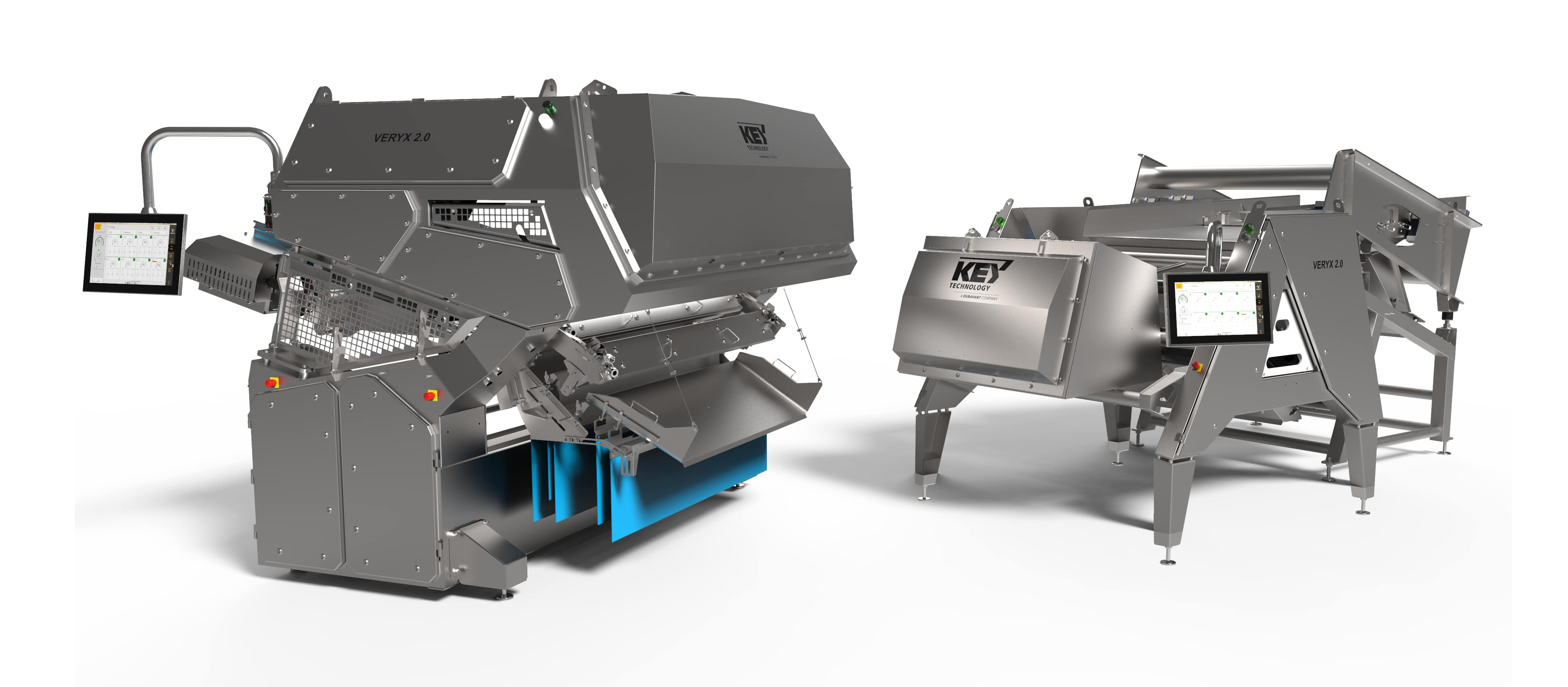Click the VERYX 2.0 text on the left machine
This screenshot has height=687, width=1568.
(x=402, y=137)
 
